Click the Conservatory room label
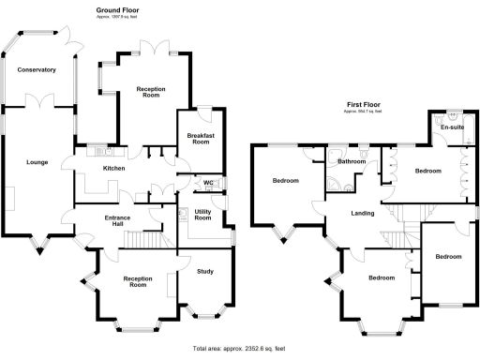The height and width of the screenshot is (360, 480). [35, 69]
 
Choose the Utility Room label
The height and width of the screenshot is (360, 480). [202, 214]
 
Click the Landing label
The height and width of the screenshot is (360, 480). [362, 214]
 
